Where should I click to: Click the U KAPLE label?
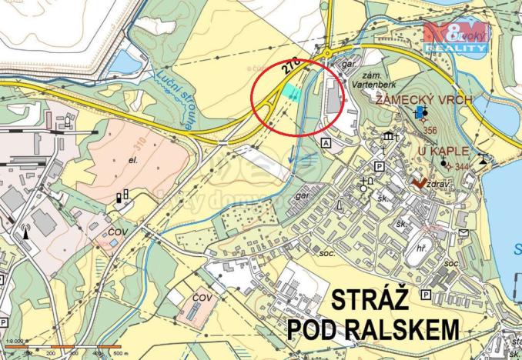(443, 151)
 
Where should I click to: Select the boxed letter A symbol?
(326, 143)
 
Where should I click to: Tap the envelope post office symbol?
(463, 232)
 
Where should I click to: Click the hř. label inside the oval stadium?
(421, 249)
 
